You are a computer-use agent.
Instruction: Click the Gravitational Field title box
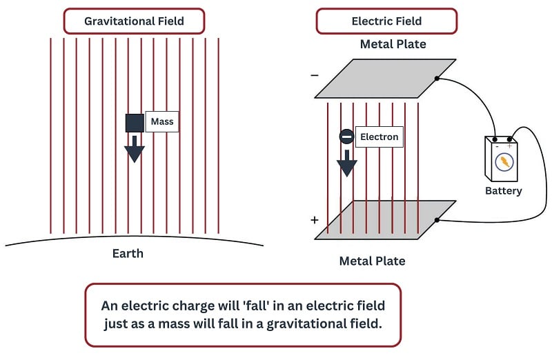tap(134, 21)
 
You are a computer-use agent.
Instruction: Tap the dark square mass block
tap(134, 123)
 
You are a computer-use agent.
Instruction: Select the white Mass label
tap(162, 122)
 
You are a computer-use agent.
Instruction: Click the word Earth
tap(128, 253)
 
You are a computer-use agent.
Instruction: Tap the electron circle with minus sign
tap(347, 137)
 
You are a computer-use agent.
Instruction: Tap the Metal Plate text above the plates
tap(393, 44)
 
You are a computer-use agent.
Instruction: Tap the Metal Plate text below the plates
tap(372, 261)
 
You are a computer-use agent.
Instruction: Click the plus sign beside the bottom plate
tap(315, 220)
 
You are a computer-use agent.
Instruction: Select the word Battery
tap(503, 190)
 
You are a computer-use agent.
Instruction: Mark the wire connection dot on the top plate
tap(437, 78)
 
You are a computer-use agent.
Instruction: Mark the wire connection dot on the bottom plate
tap(437, 221)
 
